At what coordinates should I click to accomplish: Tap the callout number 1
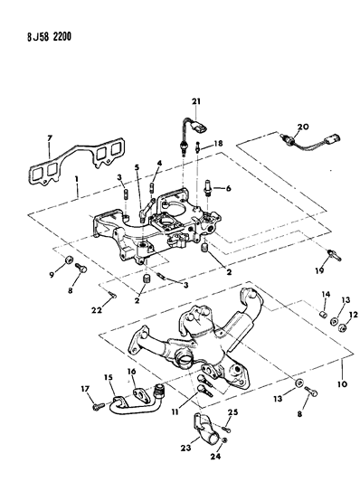[78, 192]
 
